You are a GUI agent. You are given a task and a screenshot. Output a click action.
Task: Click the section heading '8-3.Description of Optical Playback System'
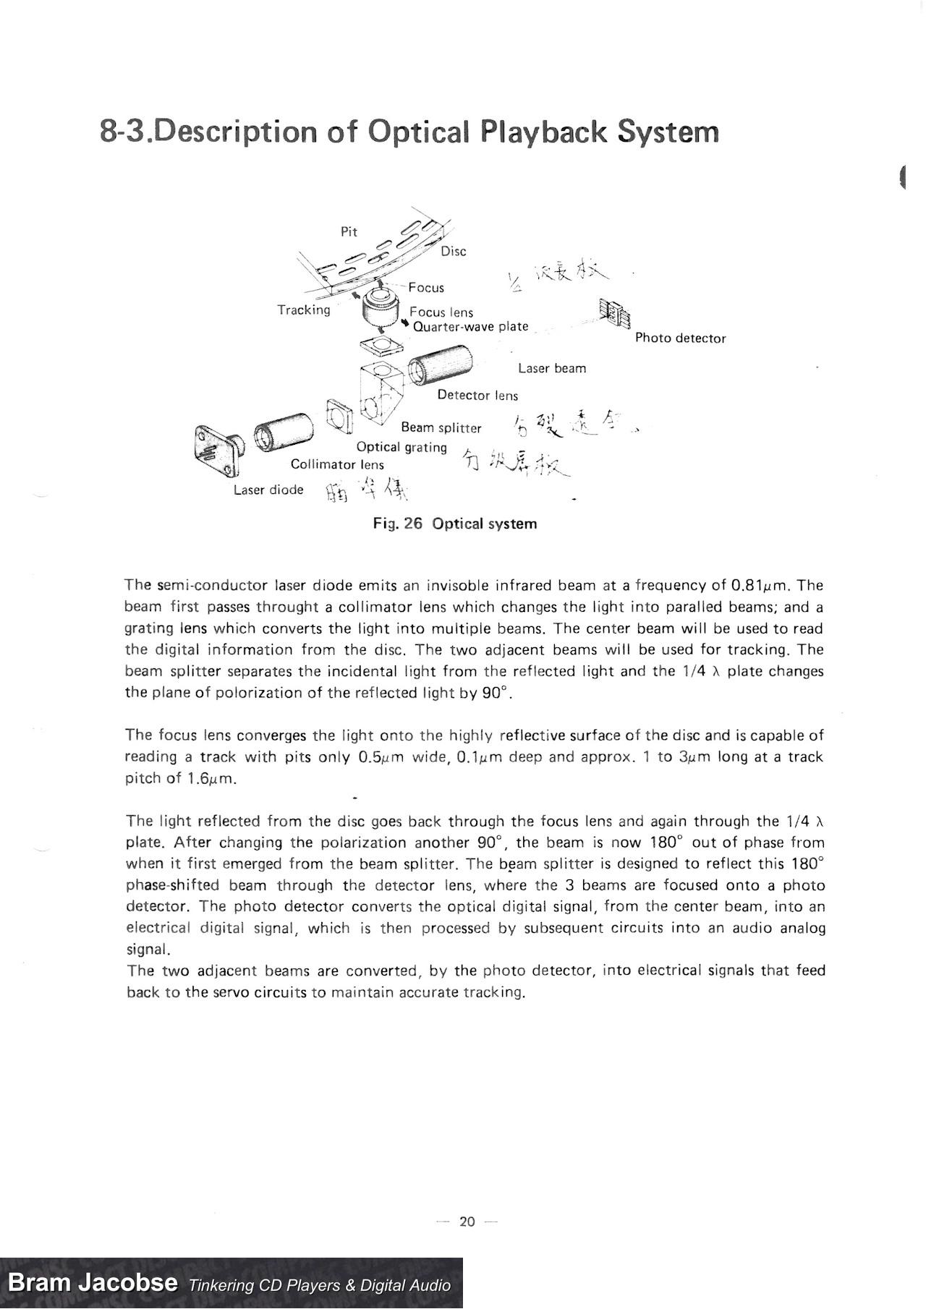(x=409, y=132)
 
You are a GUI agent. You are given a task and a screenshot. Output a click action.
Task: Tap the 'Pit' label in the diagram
(x=349, y=231)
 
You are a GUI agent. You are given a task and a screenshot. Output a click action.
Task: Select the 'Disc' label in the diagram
(x=454, y=251)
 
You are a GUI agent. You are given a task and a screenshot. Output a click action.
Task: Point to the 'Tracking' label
(x=304, y=310)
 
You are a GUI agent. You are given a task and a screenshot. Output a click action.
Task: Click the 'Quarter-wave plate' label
(x=470, y=326)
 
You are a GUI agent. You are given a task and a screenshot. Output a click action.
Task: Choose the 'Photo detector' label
(x=680, y=338)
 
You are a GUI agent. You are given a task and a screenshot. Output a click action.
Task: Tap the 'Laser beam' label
(x=552, y=368)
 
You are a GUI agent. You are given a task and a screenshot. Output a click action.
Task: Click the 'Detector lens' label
(x=477, y=395)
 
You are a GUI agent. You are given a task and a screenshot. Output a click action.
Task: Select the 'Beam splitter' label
(x=441, y=427)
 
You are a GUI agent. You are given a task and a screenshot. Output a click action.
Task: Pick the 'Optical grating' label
(x=402, y=447)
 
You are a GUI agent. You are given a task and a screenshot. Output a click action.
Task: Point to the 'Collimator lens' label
(x=337, y=464)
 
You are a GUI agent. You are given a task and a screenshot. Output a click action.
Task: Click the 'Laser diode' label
(x=268, y=490)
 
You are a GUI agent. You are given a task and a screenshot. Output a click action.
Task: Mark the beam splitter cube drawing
(x=381, y=394)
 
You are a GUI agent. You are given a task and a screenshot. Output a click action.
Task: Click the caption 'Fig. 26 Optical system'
(x=455, y=524)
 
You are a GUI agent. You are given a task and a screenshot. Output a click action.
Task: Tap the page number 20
(x=467, y=1221)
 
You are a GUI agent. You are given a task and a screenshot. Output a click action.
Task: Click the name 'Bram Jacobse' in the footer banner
(x=93, y=1283)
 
